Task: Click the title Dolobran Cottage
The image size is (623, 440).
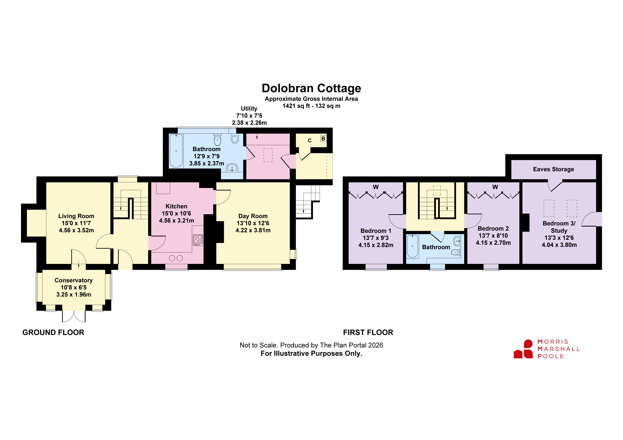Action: (311, 88)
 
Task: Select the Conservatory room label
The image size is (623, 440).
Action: (74, 280)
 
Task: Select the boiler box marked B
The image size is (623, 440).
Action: (323, 139)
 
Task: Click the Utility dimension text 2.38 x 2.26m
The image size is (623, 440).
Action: (249, 123)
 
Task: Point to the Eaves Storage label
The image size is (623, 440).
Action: (554, 169)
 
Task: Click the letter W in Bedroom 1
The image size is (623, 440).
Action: (376, 187)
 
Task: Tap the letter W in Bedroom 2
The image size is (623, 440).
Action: (495, 187)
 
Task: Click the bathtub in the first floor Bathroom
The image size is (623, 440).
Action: (412, 246)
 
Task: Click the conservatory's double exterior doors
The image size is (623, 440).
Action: (74, 316)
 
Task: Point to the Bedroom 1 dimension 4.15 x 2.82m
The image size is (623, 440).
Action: (376, 245)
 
